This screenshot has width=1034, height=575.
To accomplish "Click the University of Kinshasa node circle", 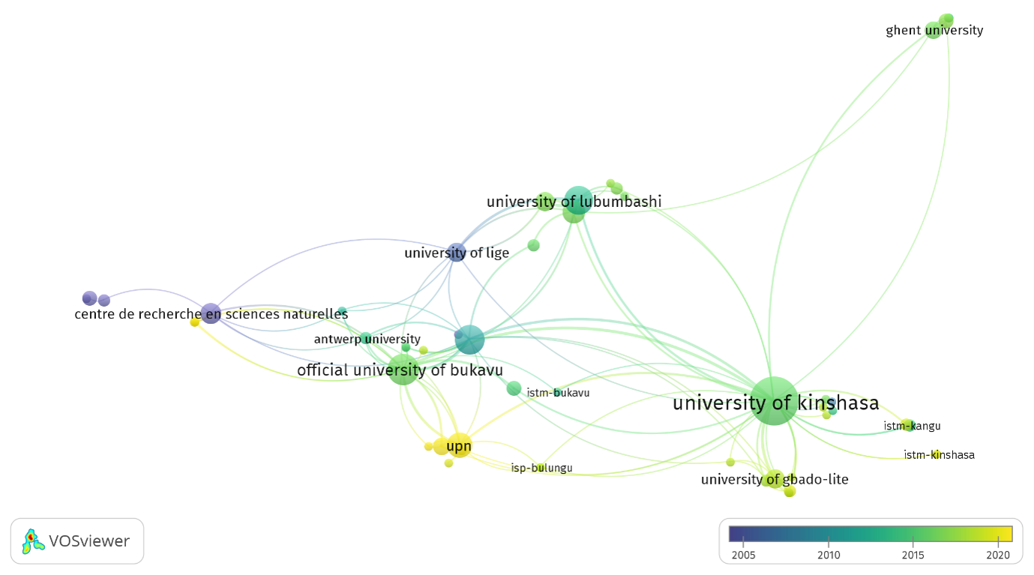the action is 774,400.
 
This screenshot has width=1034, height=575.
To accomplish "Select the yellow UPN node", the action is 459,445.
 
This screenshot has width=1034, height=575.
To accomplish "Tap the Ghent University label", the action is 934,31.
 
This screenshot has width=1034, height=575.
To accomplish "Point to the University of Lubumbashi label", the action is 574,202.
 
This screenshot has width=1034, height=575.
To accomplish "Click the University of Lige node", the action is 457,252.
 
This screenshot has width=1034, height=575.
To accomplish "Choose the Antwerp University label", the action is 367,339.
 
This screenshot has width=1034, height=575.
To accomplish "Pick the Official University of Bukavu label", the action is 400,370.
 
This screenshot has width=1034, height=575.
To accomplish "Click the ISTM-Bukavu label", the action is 558,393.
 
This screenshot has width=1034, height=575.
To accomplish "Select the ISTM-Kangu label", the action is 912,426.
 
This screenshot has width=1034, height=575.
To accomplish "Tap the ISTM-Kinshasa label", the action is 939,455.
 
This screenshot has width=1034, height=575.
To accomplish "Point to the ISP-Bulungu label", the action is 541,468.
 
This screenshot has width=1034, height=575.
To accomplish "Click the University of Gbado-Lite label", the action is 775,480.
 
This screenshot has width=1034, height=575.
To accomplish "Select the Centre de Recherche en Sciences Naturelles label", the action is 211,314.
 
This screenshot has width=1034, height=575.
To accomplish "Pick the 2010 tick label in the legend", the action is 829,555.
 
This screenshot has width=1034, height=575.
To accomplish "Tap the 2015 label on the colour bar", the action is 913,555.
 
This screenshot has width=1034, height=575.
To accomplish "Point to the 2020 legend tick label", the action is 998,555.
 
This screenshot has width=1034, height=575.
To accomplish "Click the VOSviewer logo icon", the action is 33,541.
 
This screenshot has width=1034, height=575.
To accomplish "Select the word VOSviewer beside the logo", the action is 89,541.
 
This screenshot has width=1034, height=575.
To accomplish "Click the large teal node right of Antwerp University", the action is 469,340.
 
